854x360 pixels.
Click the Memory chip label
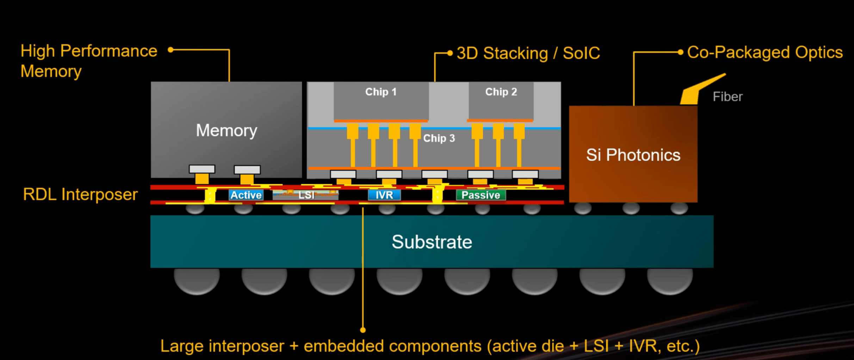pos(227,131)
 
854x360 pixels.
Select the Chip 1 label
pos(381,92)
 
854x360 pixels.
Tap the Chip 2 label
pos(501,92)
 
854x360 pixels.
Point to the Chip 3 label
pos(439,138)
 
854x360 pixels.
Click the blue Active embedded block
pos(246,195)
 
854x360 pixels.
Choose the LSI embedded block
pos(305,195)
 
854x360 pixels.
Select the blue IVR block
pos(384,195)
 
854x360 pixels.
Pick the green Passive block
pos(481,195)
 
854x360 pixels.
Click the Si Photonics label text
pos(633,155)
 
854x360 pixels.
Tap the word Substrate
pos(432,242)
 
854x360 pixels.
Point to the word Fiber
pos(728,97)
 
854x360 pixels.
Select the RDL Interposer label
pos(80,194)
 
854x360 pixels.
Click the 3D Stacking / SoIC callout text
pos(528,54)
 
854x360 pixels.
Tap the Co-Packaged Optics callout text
pos(765,52)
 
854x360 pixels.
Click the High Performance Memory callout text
pos(89,61)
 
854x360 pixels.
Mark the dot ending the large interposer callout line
pos(363,330)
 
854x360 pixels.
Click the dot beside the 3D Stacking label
pos(450,53)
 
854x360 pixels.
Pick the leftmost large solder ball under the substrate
pos(197,281)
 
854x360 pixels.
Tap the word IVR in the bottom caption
pos(643,346)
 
